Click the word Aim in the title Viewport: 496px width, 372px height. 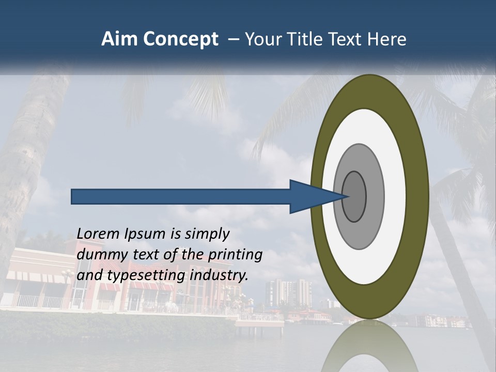tap(118, 39)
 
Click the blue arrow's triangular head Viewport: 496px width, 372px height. tap(310, 196)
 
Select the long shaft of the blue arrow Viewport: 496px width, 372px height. tap(181, 196)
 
